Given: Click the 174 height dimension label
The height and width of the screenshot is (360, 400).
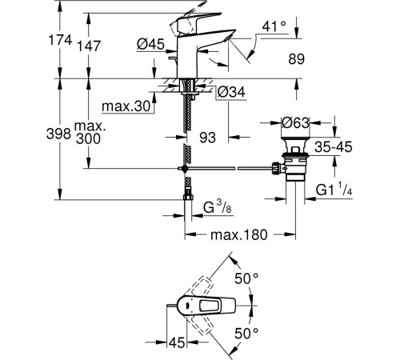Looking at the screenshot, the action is pyautogui.click(x=60, y=40).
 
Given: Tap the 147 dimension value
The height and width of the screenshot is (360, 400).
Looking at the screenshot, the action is pyautogui.click(x=89, y=46).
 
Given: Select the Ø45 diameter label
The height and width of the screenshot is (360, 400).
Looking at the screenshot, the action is pyautogui.click(x=150, y=44).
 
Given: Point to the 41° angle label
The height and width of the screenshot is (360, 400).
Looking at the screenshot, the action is pyautogui.click(x=274, y=26).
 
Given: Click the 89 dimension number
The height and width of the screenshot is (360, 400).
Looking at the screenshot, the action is pyautogui.click(x=296, y=59).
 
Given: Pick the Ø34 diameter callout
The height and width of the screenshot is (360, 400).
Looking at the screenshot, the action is pyautogui.click(x=231, y=92).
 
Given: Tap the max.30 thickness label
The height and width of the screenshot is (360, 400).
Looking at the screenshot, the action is pyautogui.click(x=126, y=106).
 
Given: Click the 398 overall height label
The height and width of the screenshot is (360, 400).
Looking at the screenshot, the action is pyautogui.click(x=58, y=134).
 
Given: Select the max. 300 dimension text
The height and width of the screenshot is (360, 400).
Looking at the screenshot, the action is pyautogui.click(x=89, y=133).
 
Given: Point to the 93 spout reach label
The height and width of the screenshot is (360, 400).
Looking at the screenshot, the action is pyautogui.click(x=207, y=138).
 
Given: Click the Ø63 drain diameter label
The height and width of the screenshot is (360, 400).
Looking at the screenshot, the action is pyautogui.click(x=296, y=122).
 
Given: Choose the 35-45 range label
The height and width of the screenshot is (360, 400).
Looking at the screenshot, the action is pyautogui.click(x=334, y=147).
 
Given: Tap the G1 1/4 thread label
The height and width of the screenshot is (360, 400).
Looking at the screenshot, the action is pyautogui.click(x=334, y=189).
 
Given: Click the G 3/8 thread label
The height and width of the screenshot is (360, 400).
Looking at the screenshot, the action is pyautogui.click(x=218, y=206).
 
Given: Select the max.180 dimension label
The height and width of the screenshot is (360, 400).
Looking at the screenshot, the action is pyautogui.click(x=238, y=235).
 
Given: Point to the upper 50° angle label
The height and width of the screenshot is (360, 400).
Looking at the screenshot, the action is pyautogui.click(x=246, y=279).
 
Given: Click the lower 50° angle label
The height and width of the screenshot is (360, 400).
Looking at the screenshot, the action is pyautogui.click(x=246, y=333).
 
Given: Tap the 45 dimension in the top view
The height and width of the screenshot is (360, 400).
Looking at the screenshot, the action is pyautogui.click(x=177, y=342).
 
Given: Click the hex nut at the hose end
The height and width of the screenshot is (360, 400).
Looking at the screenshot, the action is pyautogui.click(x=188, y=198).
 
